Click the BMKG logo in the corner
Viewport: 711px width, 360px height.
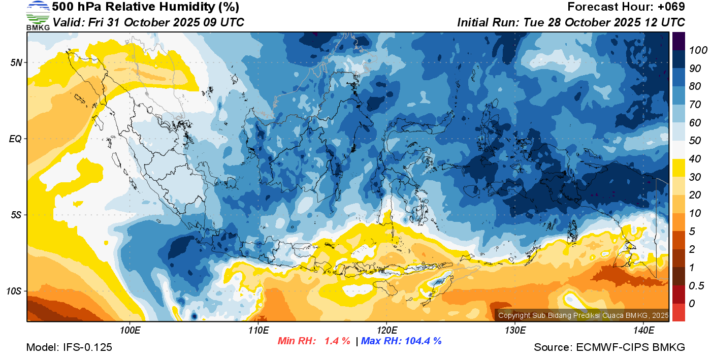pyautogui.click(x=38, y=16)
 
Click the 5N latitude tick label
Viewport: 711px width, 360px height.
pyautogui.click(x=15, y=62)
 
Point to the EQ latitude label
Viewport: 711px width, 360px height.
pyautogui.click(x=15, y=139)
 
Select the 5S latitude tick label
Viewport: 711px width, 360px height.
pyautogui.click(x=15, y=215)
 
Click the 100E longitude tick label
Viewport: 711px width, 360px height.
pyautogui.click(x=130, y=331)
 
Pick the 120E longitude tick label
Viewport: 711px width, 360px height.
pyautogui.click(x=386, y=331)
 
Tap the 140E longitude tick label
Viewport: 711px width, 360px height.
pyautogui.click(x=643, y=331)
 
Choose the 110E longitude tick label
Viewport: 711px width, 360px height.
pyautogui.click(x=258, y=331)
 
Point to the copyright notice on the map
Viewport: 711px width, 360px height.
pyautogui.click(x=583, y=315)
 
